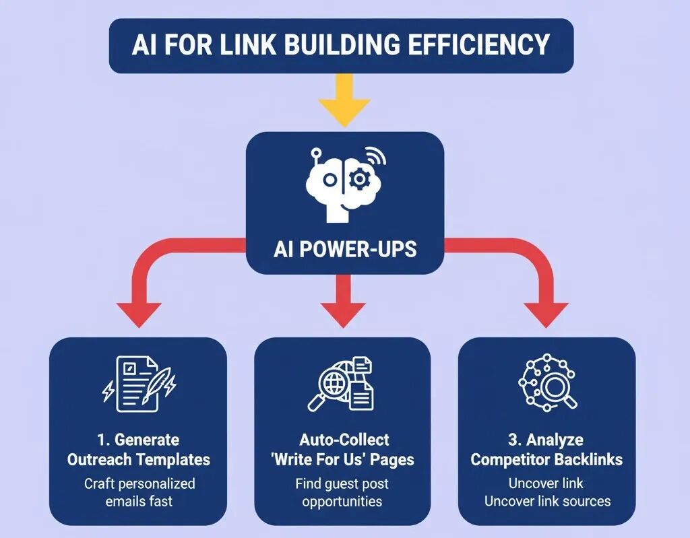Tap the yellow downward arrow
pos(344,101)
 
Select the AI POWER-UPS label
pos(345,249)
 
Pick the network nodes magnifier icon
pos(547,381)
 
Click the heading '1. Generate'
pos(138,440)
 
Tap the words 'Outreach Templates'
pos(138,460)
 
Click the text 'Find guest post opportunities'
pos(342,492)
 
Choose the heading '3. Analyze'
pos(546,440)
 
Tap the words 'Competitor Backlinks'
pos(546,460)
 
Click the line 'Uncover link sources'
pos(547,501)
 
